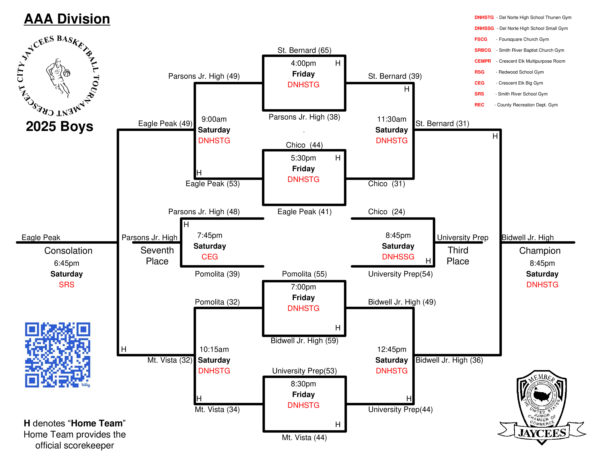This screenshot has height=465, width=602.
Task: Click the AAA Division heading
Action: (67, 19)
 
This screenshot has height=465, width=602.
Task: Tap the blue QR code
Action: (58, 355)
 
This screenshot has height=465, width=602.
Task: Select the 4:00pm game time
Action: (303, 63)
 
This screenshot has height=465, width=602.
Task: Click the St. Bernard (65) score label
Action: (304, 50)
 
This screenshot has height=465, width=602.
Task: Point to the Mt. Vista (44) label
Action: (304, 437)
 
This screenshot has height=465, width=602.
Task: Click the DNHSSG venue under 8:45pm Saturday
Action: (398, 257)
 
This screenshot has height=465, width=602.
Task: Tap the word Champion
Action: (540, 251)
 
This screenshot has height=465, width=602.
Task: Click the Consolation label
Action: (68, 251)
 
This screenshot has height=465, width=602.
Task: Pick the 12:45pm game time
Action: (392, 349)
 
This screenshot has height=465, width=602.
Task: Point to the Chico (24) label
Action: (386, 212)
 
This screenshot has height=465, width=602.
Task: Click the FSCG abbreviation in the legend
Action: (481, 39)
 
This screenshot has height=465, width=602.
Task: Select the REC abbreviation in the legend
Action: (479, 105)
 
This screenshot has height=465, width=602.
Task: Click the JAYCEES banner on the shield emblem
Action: (542, 433)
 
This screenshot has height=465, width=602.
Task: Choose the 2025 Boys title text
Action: (60, 126)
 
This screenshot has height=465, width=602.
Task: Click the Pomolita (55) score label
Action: (304, 274)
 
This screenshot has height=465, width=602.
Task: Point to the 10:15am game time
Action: (214, 349)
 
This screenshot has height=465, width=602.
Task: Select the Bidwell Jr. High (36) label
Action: (449, 360)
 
